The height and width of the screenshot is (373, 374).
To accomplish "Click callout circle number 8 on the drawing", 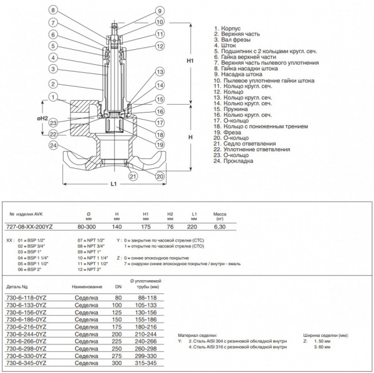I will pos(53,11).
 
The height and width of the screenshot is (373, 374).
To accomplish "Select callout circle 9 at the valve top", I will pos(160,11).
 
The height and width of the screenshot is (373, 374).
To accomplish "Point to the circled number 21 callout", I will pos(133,176).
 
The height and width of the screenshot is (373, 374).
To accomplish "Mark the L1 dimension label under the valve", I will pos(113,184).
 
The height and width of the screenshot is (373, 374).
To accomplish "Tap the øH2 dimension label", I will pos(42,118).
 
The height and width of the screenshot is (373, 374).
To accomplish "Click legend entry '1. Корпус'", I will pos(229,28).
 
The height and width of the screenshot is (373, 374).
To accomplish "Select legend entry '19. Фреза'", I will pos(229,132).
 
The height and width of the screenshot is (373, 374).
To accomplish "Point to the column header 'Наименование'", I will pos(87,287).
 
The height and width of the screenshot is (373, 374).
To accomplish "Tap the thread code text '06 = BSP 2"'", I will pos(31,269).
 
